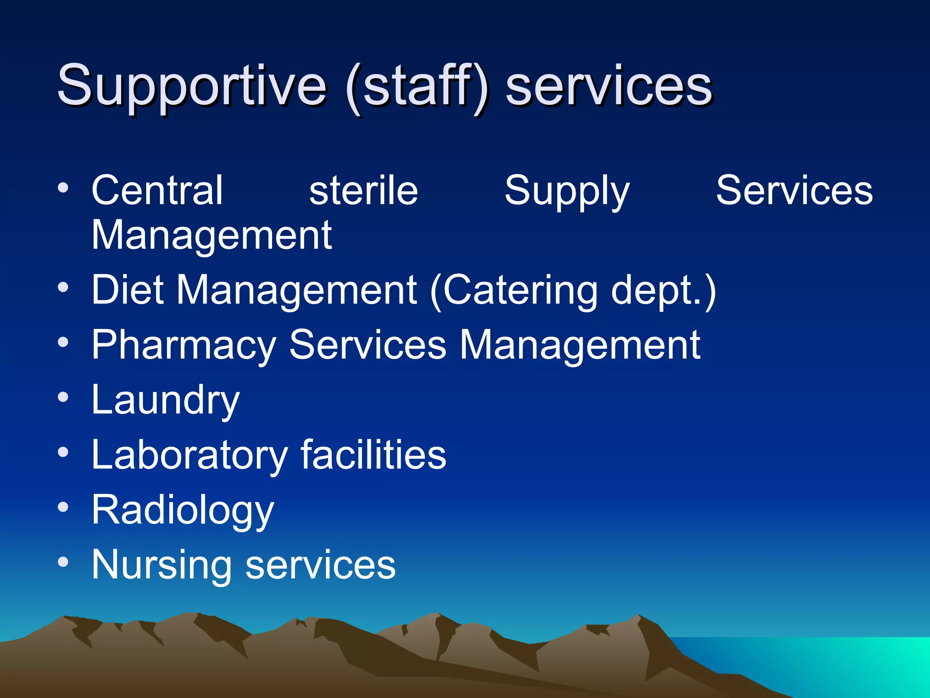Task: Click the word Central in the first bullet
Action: tap(157, 190)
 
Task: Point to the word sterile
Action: tap(363, 190)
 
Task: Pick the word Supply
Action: tap(567, 191)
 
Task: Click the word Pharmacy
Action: tap(183, 345)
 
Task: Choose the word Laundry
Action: tap(165, 400)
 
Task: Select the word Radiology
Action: tap(183, 510)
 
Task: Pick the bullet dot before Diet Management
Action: tap(63, 288)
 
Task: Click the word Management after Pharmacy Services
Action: tap(580, 345)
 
